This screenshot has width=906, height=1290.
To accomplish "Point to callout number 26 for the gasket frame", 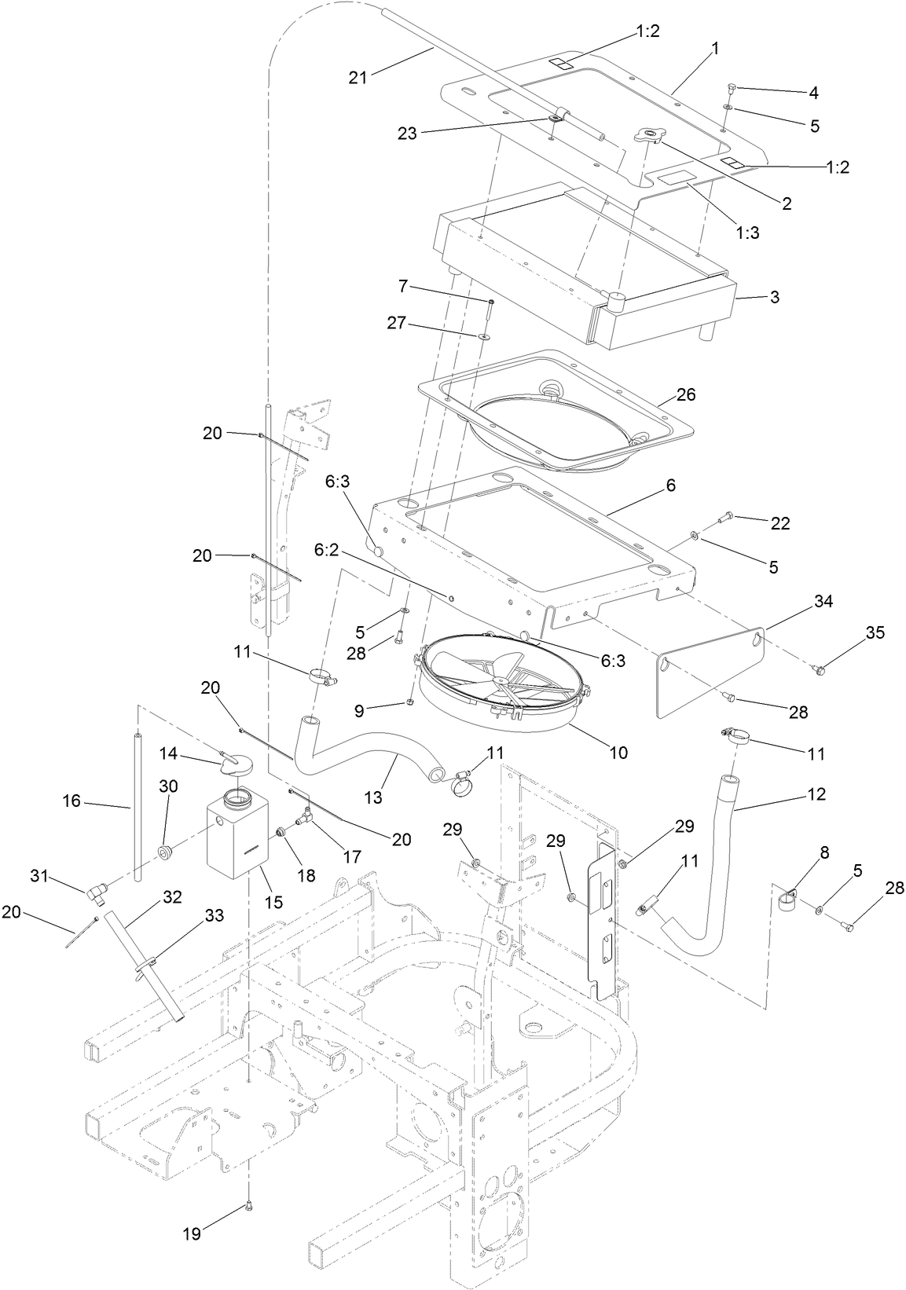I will click(x=686, y=394).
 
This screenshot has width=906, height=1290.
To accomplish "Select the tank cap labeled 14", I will click(x=235, y=760).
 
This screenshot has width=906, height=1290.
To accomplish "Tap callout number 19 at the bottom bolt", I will click(x=191, y=1234).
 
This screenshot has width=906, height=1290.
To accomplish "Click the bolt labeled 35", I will click(x=820, y=669).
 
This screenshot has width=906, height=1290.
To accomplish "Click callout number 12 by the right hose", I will click(x=816, y=794).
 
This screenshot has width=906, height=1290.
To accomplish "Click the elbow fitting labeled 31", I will click(x=97, y=890).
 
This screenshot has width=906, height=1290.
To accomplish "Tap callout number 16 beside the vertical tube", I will click(x=72, y=801).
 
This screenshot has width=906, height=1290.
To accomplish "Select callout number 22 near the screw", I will click(x=779, y=524).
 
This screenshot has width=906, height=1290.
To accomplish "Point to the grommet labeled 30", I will click(x=167, y=852).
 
